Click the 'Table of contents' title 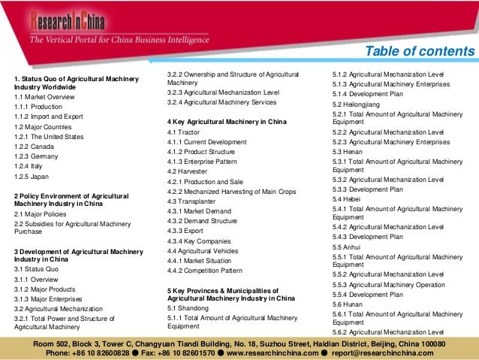[419, 51]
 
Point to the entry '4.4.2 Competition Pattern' [205, 271]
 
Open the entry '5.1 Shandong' [187, 308]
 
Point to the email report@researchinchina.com [391, 351]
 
